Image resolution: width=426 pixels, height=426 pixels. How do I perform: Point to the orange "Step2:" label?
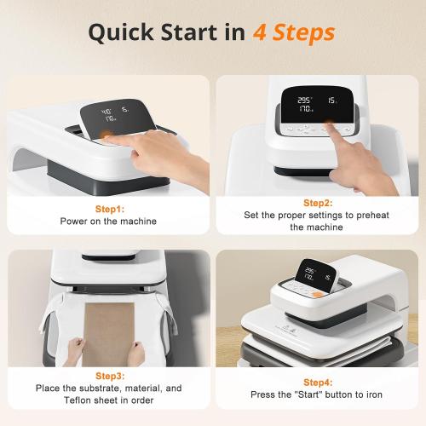coord(317,204)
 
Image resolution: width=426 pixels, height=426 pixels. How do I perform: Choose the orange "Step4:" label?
coord(317,383)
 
